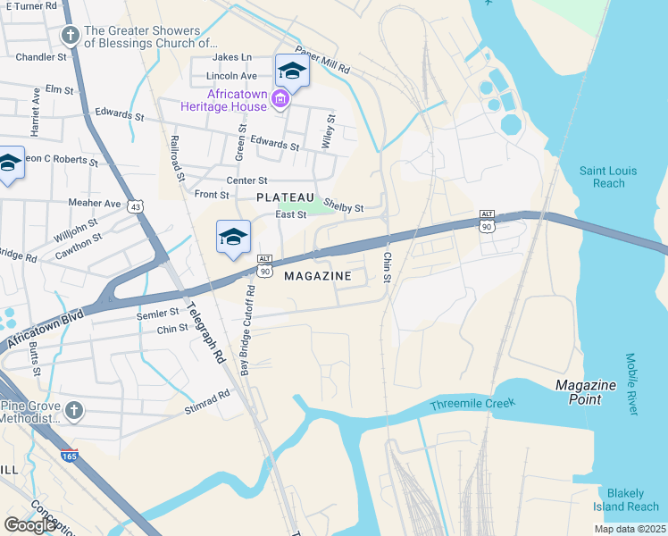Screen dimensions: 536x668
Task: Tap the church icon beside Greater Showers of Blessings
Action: point(70,36)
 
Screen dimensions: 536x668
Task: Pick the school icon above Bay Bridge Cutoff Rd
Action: point(233,237)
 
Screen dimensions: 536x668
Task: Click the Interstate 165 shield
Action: point(70,455)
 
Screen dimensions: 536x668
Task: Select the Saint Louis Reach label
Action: point(602,177)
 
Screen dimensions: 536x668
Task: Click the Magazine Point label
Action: point(585,391)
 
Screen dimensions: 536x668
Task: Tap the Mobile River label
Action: point(631,384)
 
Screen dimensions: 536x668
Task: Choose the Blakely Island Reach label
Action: point(632,500)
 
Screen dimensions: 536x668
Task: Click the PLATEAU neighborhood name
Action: point(285,197)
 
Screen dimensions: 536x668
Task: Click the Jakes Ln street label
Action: point(235,57)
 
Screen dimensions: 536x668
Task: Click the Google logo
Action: point(29,524)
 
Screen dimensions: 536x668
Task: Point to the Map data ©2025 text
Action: point(629,529)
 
